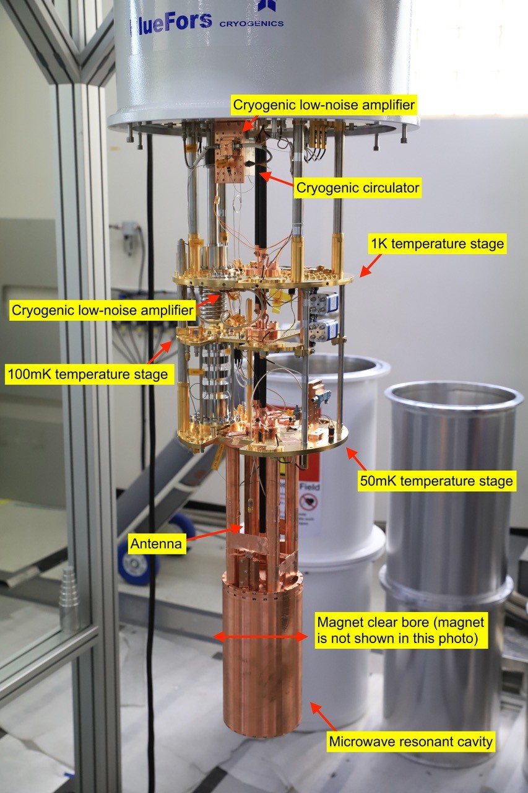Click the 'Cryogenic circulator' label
(x=358, y=187)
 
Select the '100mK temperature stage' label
(x=87, y=374)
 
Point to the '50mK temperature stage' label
(x=436, y=480)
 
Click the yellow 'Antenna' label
(x=156, y=544)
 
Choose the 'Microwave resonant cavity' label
(x=412, y=741)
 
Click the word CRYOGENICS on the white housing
(x=251, y=24)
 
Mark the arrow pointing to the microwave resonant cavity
(x=323, y=716)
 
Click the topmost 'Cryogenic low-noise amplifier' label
(x=323, y=104)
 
